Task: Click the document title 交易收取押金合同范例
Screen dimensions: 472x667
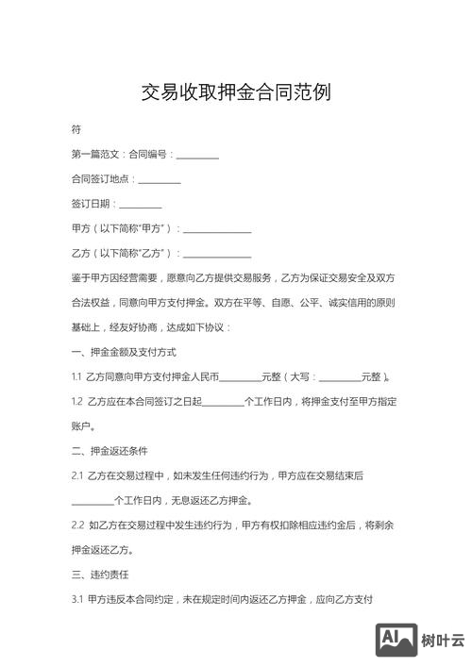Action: tap(236, 93)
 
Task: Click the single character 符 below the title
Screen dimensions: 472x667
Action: tap(76, 128)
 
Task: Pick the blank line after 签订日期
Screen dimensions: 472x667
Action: tap(141, 206)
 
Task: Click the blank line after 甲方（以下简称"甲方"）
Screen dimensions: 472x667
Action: tap(217, 230)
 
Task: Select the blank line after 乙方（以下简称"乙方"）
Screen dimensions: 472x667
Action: tap(217, 255)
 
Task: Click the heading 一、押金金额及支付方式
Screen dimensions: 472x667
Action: tap(124, 352)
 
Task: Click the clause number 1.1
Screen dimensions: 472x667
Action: tap(76, 377)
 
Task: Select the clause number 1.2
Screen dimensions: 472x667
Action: tap(76, 402)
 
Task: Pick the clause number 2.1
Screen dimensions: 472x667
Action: tap(77, 475)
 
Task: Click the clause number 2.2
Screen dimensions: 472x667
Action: tap(77, 525)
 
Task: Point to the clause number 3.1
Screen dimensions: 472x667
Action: tap(77, 598)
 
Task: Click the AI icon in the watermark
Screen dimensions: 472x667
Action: tap(396, 640)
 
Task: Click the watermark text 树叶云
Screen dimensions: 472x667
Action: tap(444, 641)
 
